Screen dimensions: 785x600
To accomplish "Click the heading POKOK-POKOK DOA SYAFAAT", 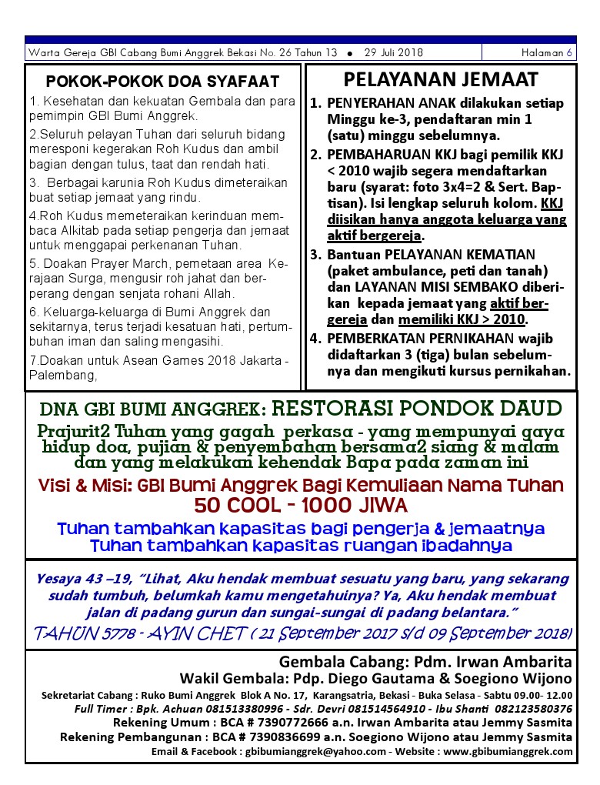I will [x=162, y=82].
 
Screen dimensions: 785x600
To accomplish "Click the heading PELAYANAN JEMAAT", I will [x=441, y=79].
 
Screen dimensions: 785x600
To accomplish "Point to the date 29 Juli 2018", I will [x=393, y=53].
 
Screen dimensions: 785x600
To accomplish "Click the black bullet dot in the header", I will [x=350, y=54].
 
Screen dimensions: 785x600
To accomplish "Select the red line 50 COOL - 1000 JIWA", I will [x=300, y=506].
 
